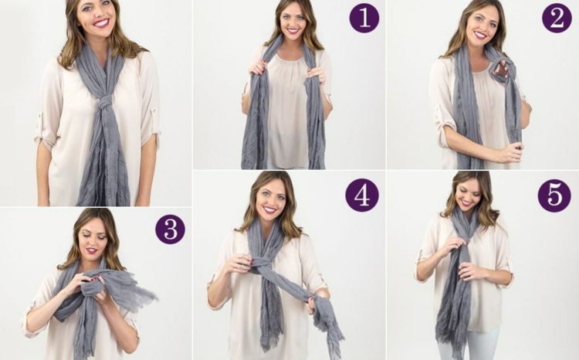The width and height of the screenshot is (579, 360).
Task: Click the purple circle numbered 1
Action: [364, 18]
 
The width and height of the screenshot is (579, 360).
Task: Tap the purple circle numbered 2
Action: [557, 18]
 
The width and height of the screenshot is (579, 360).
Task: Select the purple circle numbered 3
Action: [170, 229]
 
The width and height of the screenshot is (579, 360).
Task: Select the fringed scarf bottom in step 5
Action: [449, 344]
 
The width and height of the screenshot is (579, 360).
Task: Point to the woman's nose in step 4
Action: [269, 202]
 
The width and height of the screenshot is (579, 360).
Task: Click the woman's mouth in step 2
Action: [480, 34]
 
